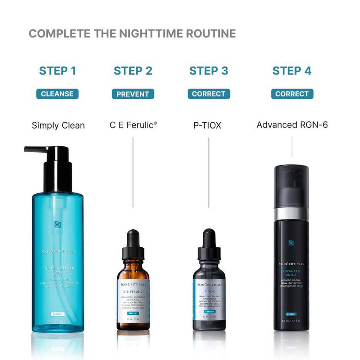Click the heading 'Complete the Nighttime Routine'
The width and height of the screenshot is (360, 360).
click(x=132, y=33)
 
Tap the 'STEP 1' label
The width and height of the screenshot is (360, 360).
click(x=58, y=71)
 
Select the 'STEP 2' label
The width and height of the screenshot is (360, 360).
click(x=133, y=71)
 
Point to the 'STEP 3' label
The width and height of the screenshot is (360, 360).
click(x=209, y=71)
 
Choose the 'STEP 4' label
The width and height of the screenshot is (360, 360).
click(x=292, y=71)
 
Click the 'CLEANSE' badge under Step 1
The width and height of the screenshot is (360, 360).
click(x=57, y=94)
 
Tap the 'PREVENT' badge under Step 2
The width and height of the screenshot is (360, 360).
click(x=133, y=94)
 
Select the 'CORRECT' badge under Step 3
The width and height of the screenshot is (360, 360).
click(x=209, y=94)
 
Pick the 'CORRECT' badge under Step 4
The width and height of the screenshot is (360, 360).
click(x=292, y=94)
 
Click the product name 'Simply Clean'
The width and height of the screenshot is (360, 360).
click(x=58, y=125)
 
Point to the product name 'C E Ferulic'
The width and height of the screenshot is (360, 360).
click(x=133, y=125)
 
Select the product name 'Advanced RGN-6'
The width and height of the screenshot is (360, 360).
click(x=292, y=125)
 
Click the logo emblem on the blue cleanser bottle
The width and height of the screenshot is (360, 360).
click(x=58, y=224)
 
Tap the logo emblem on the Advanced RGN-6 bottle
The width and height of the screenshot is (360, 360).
click(x=291, y=243)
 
